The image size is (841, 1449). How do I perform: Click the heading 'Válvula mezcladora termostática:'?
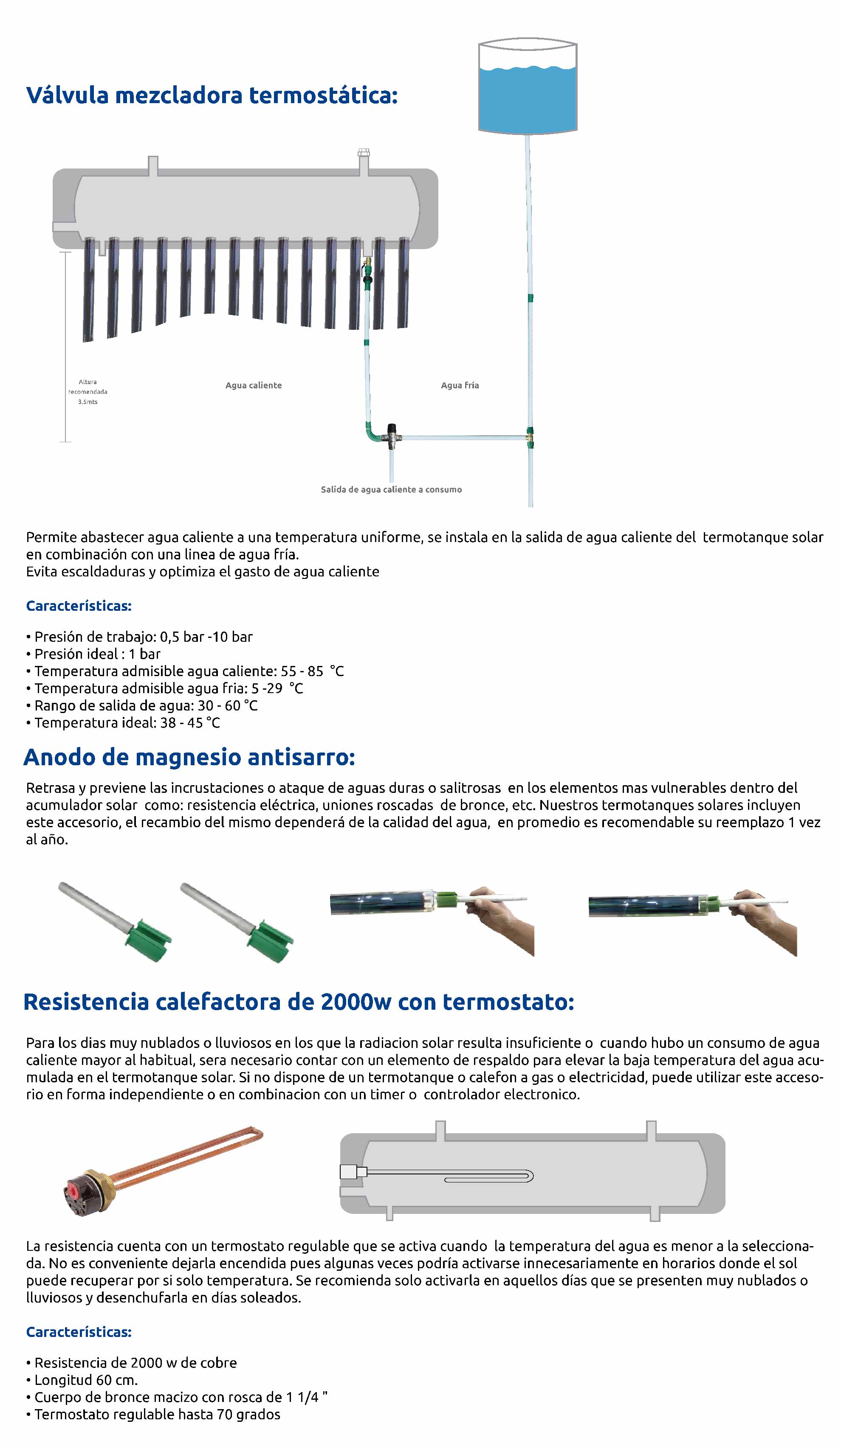point(212,95)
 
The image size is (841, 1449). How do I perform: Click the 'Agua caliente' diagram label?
point(253,385)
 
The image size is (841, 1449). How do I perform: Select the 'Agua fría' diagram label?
point(460,385)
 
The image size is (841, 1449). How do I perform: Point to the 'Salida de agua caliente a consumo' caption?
point(391,489)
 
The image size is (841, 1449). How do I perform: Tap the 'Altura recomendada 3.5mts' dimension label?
point(87,392)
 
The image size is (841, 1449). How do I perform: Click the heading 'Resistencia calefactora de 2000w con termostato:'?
point(299,1002)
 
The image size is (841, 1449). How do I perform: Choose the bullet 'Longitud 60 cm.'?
point(86,1380)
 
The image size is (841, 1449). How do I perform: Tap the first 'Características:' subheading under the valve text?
point(79,606)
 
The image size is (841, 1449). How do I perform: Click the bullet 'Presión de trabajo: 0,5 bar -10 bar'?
point(143,637)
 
